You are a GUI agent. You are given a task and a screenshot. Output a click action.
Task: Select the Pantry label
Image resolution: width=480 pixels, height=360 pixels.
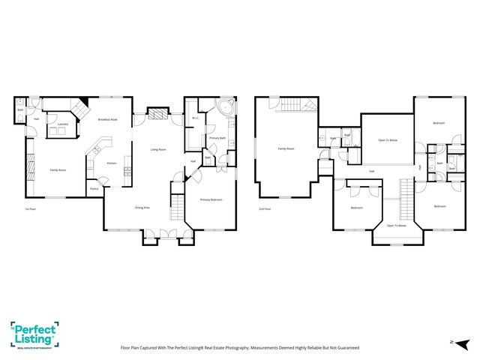[94, 189]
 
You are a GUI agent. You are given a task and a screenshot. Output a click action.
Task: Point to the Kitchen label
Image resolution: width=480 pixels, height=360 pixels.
[111, 163]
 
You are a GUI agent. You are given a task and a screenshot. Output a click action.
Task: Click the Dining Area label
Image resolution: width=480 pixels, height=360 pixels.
[142, 207]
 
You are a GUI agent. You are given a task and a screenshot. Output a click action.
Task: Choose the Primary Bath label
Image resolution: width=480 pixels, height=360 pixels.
[217, 139]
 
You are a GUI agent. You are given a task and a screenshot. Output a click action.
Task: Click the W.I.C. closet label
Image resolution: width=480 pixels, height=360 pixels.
[194, 118]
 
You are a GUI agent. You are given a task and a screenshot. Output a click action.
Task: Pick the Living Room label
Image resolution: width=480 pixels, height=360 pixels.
[158, 149]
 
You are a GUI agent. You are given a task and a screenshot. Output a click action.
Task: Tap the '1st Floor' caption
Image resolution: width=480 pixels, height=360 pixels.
[31, 208]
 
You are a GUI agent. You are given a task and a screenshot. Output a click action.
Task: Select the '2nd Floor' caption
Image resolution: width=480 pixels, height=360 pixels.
[264, 208]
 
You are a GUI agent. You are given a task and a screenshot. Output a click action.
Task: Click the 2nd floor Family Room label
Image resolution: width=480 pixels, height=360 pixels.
[286, 149]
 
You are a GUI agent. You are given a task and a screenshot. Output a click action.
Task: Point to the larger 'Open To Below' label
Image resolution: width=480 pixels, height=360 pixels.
[387, 140]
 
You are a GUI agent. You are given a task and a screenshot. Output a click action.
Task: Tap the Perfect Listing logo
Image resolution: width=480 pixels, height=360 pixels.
[34, 334]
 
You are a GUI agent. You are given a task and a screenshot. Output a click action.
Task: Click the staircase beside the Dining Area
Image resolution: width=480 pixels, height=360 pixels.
[178, 202]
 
